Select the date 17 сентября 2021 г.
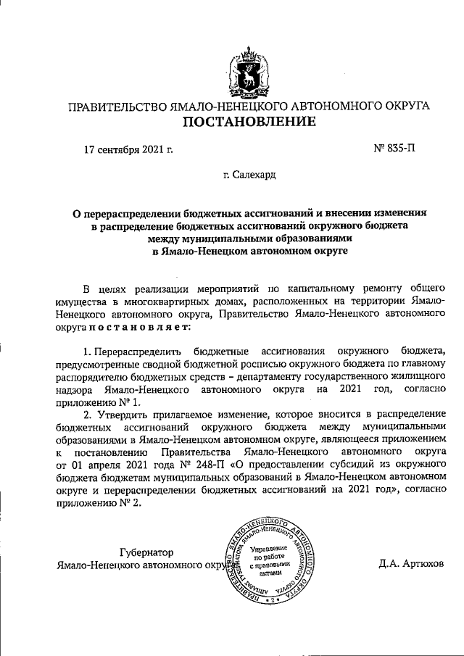click(x=128, y=150)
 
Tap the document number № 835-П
click(x=394, y=149)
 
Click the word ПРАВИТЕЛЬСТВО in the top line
click(x=116, y=106)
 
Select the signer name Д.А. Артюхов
click(x=410, y=563)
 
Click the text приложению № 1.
click(x=96, y=401)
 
